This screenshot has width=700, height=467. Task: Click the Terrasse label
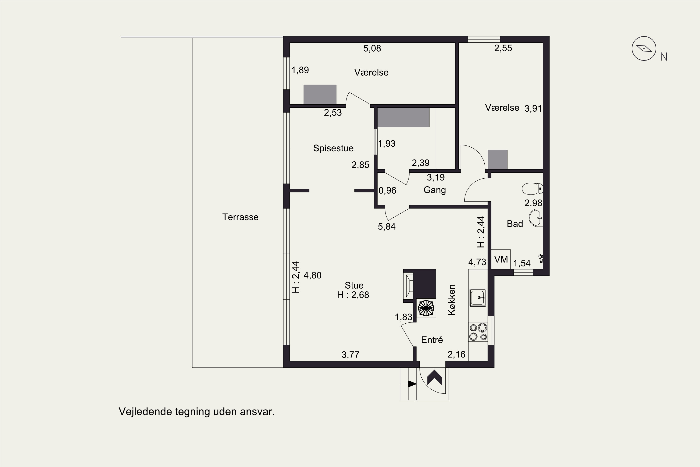tap(240, 217)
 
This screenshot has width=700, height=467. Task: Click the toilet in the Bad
tap(532, 188)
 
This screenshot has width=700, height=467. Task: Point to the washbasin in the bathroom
tap(536, 218)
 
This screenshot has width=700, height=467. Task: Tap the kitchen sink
tap(478, 297)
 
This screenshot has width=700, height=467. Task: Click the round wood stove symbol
tap(426, 308)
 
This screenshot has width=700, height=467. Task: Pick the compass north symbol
tap(644, 49)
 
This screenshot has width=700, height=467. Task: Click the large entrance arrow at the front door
tap(434, 378)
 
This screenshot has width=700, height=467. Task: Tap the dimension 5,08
tap(372, 48)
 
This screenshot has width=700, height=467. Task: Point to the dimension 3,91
tap(533, 108)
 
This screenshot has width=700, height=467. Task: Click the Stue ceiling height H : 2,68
tap(353, 295)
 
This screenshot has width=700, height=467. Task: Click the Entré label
tap(432, 340)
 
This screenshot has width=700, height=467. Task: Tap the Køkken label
tap(452, 300)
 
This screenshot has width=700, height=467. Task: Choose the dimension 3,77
tap(350, 355)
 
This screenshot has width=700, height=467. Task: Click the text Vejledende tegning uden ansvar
tap(197, 412)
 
